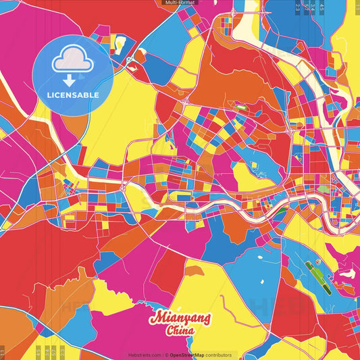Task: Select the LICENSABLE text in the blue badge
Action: (73, 95)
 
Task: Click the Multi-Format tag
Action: (180, 3)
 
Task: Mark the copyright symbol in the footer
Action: (165, 355)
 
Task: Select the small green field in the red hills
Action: (242, 106)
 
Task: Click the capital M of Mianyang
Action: (157, 317)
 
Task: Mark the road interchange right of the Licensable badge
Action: (184, 101)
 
